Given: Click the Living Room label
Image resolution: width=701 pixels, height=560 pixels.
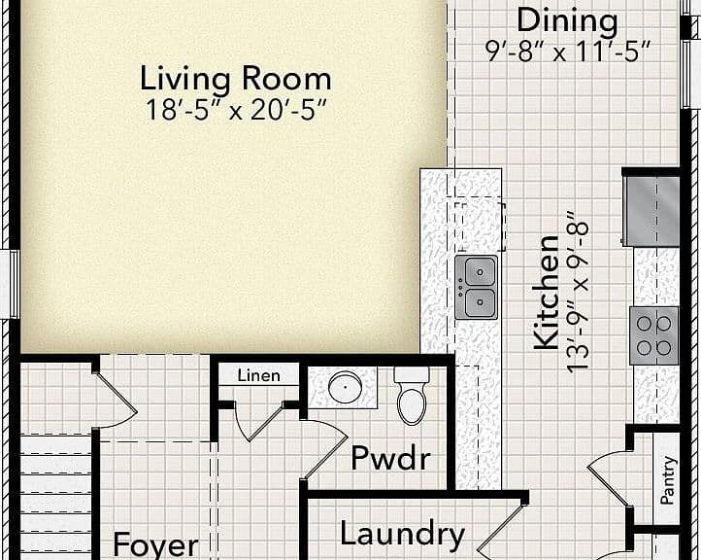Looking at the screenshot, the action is click(x=236, y=79).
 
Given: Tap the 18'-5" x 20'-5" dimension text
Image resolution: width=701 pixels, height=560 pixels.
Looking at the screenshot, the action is click(x=236, y=110).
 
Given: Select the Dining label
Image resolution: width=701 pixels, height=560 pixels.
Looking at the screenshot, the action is click(x=567, y=21).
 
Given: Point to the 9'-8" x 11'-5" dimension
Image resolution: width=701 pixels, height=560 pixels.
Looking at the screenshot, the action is click(x=567, y=52).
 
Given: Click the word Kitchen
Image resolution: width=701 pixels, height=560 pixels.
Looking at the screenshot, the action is click(x=547, y=293).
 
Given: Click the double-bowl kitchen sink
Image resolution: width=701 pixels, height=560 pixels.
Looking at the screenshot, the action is click(x=477, y=287).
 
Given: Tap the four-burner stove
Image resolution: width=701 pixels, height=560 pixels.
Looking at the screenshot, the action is click(x=654, y=335).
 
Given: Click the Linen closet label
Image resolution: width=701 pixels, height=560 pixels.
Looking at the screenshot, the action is click(x=259, y=375).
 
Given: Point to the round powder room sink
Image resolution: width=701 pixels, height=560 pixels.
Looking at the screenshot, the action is click(x=345, y=387).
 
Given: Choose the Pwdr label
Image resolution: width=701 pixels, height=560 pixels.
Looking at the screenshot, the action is click(x=390, y=458).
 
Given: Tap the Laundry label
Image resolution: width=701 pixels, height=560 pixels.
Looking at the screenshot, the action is click(x=402, y=534).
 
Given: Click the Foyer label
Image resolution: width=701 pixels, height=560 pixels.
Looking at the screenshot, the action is click(x=155, y=545).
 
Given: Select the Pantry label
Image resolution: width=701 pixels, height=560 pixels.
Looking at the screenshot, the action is click(x=667, y=480).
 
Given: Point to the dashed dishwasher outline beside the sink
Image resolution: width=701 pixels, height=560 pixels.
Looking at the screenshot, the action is click(x=481, y=227).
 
